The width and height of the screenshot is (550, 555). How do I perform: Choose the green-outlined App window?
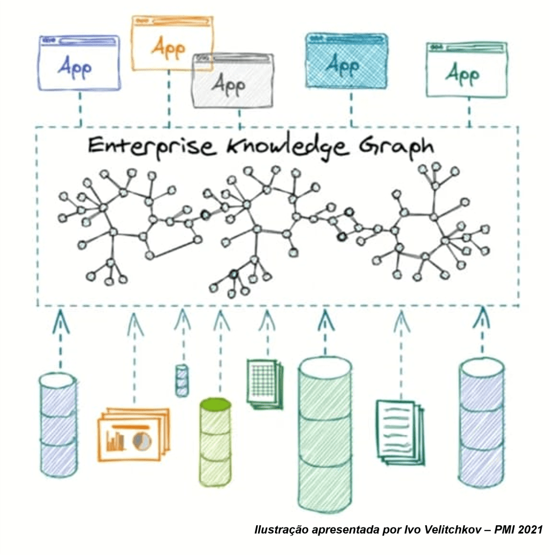click(x=466, y=70)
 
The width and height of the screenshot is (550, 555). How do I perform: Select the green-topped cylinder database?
click(x=215, y=441)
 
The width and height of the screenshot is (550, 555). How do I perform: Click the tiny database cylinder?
click(x=182, y=380)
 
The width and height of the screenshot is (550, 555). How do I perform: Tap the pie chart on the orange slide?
click(x=142, y=439)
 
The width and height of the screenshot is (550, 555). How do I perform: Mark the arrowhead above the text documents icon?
click(x=401, y=321)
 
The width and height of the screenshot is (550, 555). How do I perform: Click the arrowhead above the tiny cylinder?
click(x=183, y=319)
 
